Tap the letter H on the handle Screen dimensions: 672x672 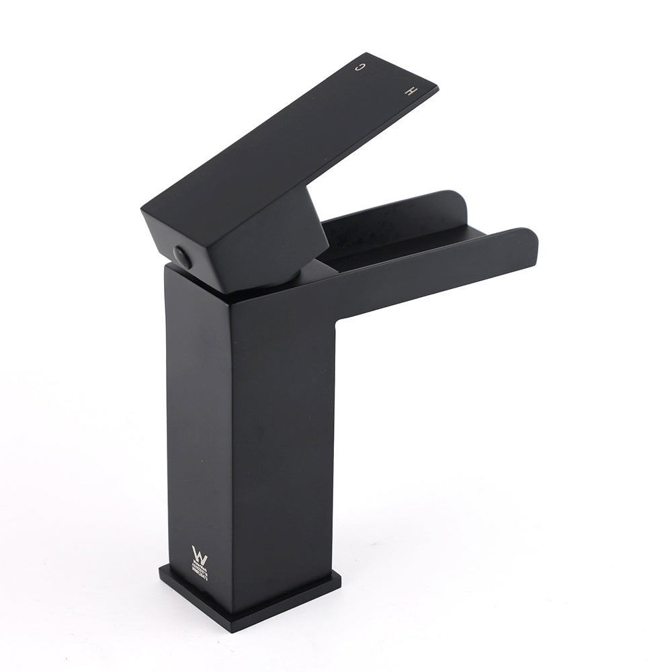click(x=412, y=89)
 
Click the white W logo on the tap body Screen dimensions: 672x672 click(x=200, y=554)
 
